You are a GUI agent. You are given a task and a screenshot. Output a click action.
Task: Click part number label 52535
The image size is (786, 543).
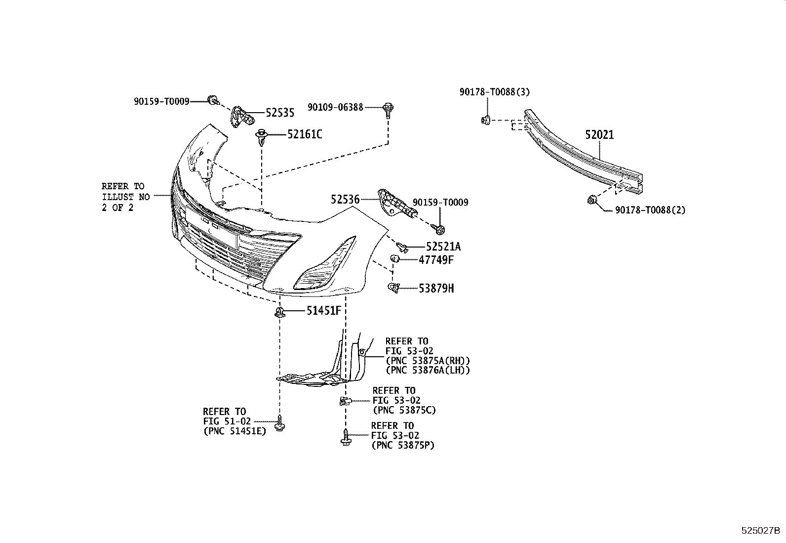tap(279, 113)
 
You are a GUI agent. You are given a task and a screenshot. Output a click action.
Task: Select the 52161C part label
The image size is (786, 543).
tap(305, 134)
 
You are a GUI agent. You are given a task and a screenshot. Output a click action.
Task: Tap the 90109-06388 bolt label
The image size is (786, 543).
tap(335, 107)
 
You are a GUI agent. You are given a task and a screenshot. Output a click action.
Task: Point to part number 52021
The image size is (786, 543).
tap(599, 134)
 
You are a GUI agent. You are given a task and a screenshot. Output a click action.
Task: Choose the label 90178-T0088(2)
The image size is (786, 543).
tap(650, 210)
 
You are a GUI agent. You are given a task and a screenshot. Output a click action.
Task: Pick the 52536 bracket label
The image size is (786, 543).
tap(345, 199)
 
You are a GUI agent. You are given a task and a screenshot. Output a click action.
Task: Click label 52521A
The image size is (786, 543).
tap(439, 247)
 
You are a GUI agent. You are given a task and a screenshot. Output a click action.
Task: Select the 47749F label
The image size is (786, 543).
tap(435, 260)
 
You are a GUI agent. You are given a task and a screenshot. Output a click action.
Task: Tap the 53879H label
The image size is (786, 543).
tap(436, 288)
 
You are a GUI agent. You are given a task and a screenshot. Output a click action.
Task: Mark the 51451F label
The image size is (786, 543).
tap(323, 311)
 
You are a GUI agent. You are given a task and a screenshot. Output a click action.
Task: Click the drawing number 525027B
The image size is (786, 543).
tap(760, 531)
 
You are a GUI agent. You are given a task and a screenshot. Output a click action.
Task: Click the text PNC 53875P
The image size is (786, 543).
tap(402, 445)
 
